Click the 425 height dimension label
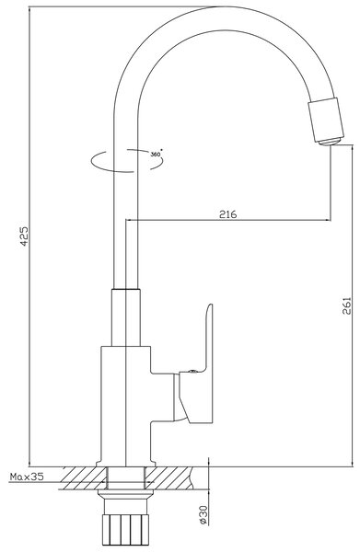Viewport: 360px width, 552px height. point(24,236)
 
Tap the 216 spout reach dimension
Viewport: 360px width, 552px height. point(228,214)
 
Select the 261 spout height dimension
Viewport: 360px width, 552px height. point(347,306)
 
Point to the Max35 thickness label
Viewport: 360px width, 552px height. point(27,477)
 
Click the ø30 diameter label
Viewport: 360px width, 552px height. point(203,515)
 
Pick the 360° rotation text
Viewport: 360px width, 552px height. point(156,155)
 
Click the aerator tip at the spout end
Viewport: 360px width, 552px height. point(330,142)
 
